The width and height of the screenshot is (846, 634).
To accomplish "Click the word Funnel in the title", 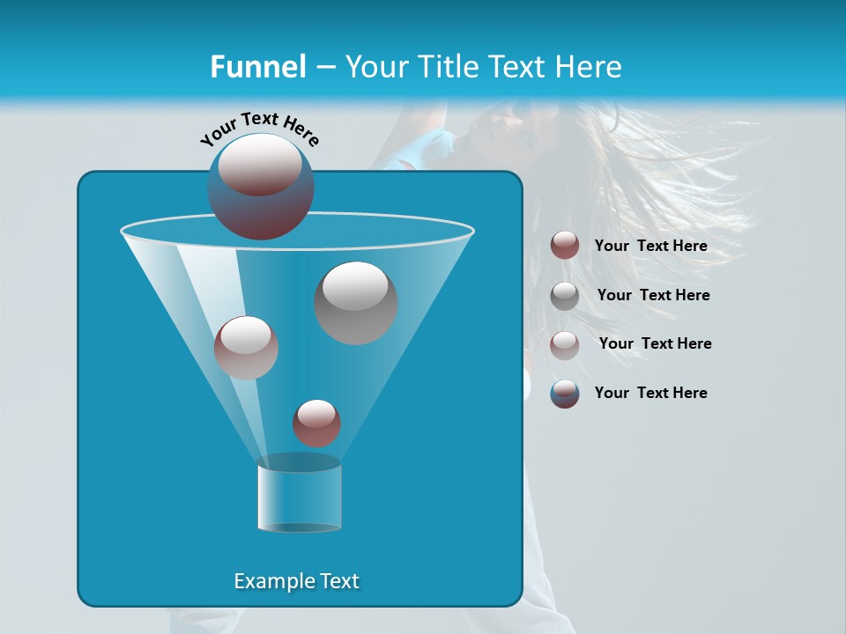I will (257, 67).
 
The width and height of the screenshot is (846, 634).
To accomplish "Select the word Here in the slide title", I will (590, 67).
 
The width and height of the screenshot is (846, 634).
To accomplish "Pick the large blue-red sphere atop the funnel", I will (261, 186).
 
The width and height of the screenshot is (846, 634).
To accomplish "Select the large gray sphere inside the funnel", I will (356, 303).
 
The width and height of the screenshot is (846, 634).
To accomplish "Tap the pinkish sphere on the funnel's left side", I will (246, 348).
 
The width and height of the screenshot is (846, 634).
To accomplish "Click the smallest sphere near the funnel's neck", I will (317, 423).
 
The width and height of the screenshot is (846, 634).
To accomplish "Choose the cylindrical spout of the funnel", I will (300, 498).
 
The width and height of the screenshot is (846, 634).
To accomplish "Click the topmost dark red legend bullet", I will (565, 246).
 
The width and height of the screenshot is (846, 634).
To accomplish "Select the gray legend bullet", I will (565, 296).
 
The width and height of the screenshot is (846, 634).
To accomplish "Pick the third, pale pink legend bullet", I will (565, 344).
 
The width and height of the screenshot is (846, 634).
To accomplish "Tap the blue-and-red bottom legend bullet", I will (565, 394).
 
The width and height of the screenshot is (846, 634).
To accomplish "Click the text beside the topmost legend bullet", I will (650, 247).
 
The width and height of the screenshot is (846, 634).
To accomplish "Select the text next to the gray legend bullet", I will (653, 296).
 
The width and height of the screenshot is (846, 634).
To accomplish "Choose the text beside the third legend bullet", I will (655, 344).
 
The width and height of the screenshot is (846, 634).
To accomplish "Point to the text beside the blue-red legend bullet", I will (650, 394).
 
